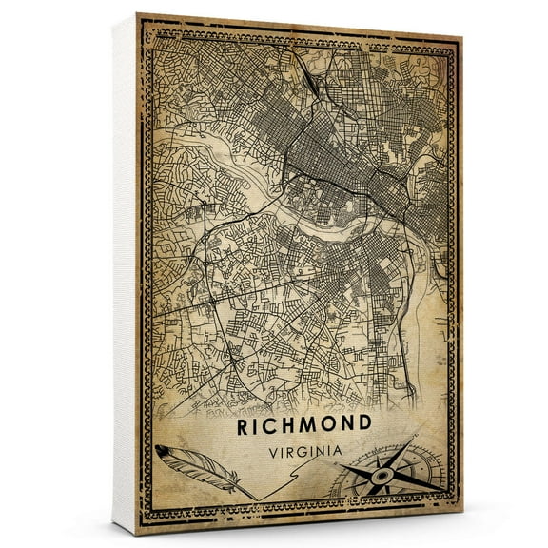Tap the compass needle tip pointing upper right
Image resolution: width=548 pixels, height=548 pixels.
(415, 440)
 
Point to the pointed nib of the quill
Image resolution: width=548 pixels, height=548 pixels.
(256, 499)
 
